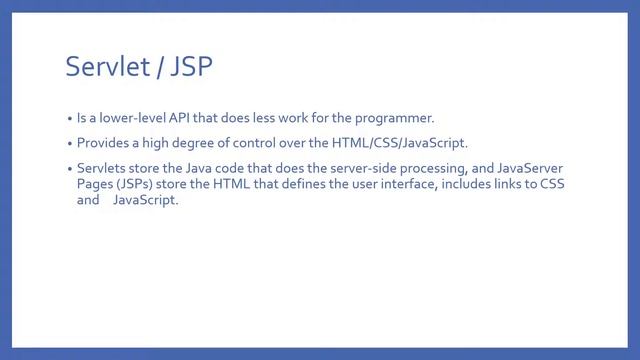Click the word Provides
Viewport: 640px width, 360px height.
(x=104, y=143)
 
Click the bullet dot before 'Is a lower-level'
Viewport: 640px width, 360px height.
(x=69, y=118)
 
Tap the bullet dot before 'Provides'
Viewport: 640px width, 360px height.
(x=69, y=144)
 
